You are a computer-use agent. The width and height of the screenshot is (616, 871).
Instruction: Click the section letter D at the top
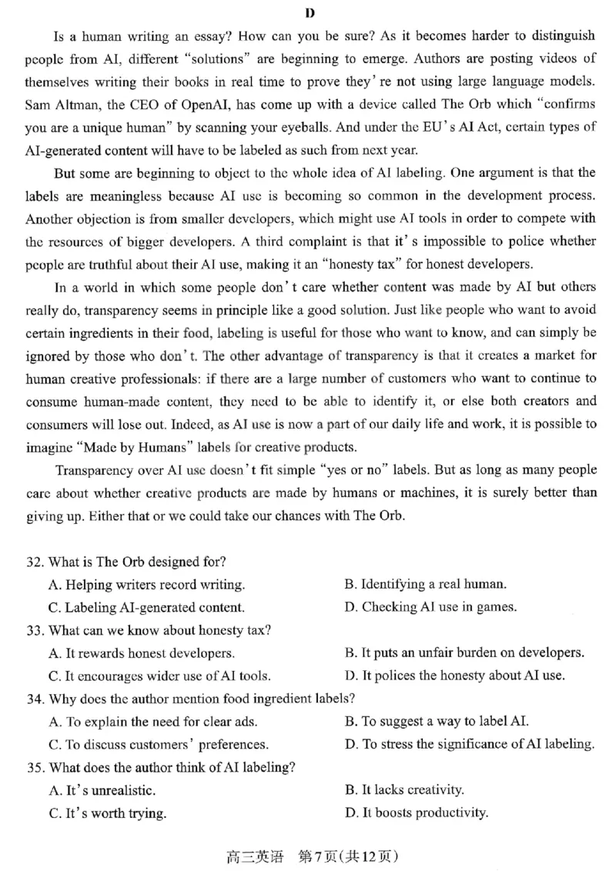pos(310,12)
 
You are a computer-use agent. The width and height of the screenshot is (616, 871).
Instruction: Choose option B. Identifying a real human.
pos(425,585)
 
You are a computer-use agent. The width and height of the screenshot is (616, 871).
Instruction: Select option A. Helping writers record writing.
pos(146,585)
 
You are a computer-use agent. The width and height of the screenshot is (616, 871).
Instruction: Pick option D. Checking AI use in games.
pos(430,607)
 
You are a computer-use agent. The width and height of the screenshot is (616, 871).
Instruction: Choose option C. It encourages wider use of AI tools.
pos(159,676)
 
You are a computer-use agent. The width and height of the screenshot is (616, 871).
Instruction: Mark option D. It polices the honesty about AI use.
pos(454,676)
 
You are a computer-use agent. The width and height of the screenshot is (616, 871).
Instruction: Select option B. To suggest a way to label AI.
pos(436,722)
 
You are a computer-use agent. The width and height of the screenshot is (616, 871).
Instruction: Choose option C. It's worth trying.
pos(107,813)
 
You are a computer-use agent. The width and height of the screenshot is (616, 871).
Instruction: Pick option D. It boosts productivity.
pos(416,813)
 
